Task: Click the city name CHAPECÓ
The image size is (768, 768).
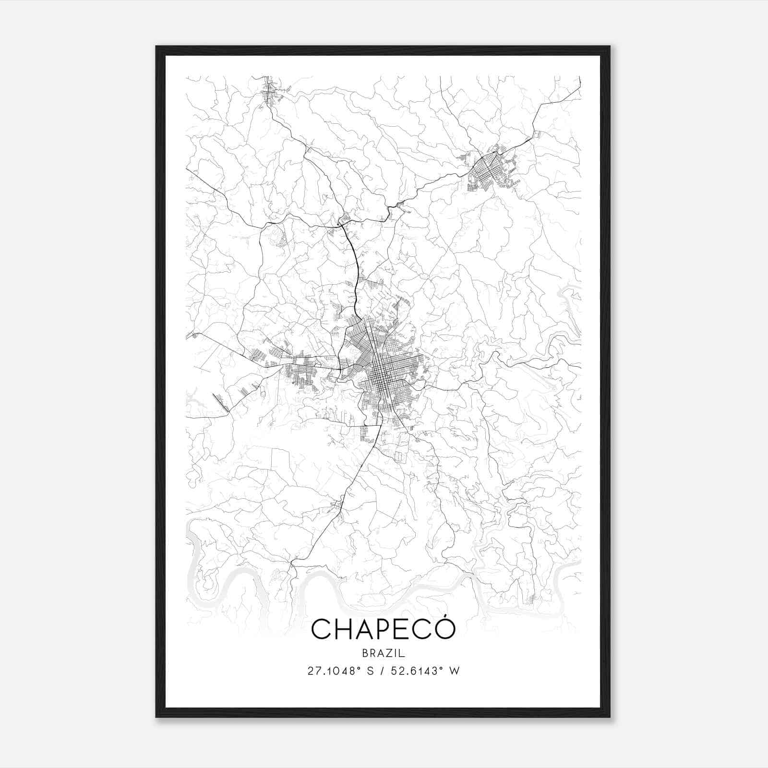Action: tap(383, 629)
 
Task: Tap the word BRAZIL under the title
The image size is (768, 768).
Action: tap(384, 653)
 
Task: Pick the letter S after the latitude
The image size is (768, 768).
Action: tap(370, 671)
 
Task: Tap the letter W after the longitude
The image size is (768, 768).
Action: tap(454, 671)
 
